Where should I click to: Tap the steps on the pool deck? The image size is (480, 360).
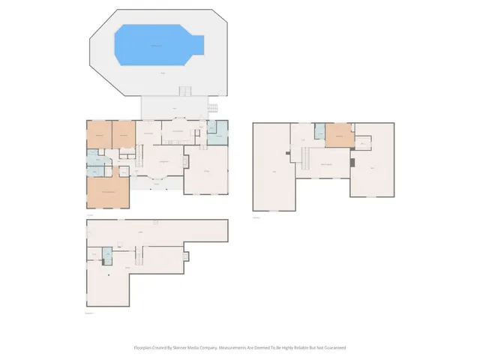coord(184,91)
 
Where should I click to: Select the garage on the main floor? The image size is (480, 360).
coord(206,171)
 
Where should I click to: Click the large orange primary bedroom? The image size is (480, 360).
coord(108,192)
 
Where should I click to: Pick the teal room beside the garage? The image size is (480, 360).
coord(217,133)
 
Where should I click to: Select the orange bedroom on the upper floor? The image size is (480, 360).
coord(339,136)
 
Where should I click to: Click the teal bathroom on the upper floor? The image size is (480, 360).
coord(320,133)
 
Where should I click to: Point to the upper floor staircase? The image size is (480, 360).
coord(305,157)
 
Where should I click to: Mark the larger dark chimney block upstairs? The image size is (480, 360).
coord(352,162)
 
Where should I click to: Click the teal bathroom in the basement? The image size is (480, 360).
coord(106,255)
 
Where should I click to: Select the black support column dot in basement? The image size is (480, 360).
coord(110,275)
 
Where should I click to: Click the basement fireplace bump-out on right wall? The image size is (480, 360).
coord(187,256)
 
